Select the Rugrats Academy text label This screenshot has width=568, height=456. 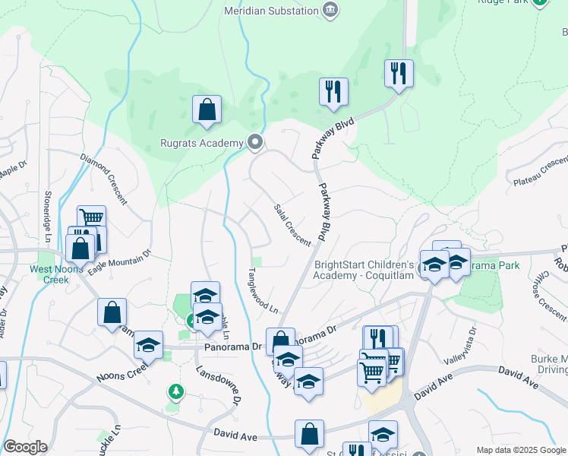[201, 142]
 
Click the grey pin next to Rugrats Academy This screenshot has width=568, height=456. [255, 142]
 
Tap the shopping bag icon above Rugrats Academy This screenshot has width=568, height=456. [207, 109]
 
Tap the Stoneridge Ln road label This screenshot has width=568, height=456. [48, 213]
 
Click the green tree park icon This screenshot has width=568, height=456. [176, 392]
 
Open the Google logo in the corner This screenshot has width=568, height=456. [24, 447]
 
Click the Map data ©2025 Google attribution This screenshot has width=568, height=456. [520, 450]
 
